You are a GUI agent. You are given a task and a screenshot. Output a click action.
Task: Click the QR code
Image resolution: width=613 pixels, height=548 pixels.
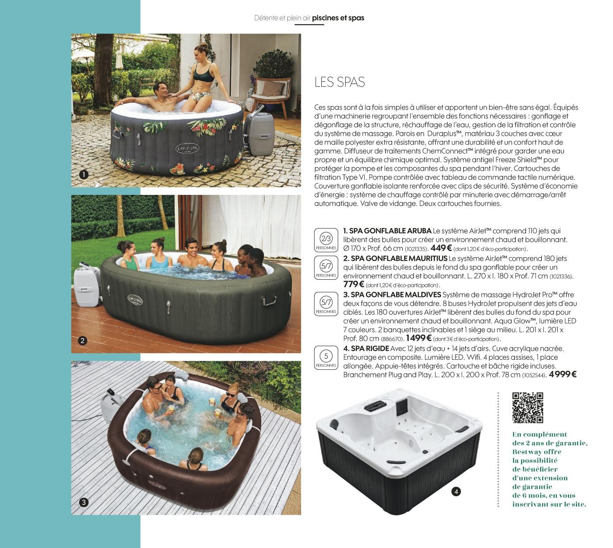pos(528,407)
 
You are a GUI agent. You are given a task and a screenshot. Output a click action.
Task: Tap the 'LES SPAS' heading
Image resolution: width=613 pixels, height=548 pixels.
pos(339,82)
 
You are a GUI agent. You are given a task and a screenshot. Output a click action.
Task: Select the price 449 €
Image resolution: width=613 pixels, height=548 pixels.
pos(441,248)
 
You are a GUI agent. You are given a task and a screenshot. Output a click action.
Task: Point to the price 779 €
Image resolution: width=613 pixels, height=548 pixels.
pos(354,285)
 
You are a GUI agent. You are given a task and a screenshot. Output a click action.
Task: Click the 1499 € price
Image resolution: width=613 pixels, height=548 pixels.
pos(419,338)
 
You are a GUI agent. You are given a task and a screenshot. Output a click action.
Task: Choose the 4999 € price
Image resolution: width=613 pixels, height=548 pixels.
pos(563,374)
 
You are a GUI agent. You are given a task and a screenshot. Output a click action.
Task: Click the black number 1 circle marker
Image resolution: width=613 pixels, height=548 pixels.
pos(84,175)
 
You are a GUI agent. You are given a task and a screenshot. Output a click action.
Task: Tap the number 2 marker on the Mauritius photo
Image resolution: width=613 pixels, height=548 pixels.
pos(82,341)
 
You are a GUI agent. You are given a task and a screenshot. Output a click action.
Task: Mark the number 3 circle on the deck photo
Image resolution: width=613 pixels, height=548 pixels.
pos(84,502)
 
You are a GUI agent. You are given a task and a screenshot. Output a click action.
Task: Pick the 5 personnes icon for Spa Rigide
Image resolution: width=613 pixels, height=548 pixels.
pos(326,358)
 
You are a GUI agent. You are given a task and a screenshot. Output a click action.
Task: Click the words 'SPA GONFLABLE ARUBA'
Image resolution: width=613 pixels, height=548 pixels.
pos(390,231)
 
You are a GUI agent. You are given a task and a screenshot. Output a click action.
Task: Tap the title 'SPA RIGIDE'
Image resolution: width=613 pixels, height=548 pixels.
pos(370,349)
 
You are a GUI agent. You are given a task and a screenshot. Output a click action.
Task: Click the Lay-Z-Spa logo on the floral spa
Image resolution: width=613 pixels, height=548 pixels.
pos(187,148)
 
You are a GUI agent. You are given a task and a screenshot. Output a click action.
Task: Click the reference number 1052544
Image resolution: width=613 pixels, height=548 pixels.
pos(534,375)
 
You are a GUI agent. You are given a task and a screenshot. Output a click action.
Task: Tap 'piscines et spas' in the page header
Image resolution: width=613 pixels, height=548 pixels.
pos(338,18)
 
